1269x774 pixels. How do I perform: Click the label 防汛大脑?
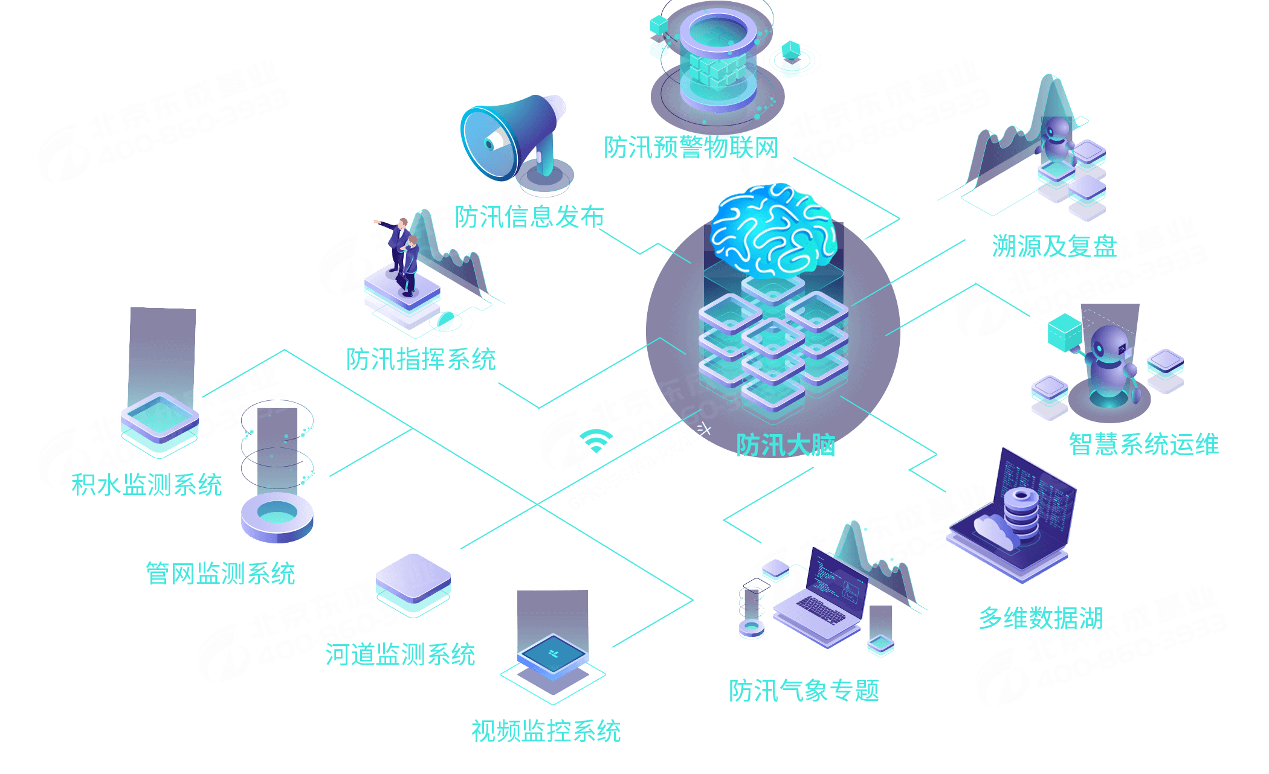tap(785, 446)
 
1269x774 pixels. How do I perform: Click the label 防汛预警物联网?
tap(690, 147)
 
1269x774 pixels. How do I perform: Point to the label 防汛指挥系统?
tap(421, 359)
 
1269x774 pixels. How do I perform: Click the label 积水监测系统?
tap(147, 484)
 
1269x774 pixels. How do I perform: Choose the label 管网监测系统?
tap(220, 573)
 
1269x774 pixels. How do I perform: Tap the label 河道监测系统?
tap(400, 654)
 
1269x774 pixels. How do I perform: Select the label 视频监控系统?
tap(546, 731)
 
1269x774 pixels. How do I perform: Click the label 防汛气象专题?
tap(804, 690)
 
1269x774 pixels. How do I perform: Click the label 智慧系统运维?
tap(1143, 444)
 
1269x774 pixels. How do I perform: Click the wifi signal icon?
tap(595, 441)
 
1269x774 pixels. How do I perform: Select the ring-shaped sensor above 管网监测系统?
tap(277, 517)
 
